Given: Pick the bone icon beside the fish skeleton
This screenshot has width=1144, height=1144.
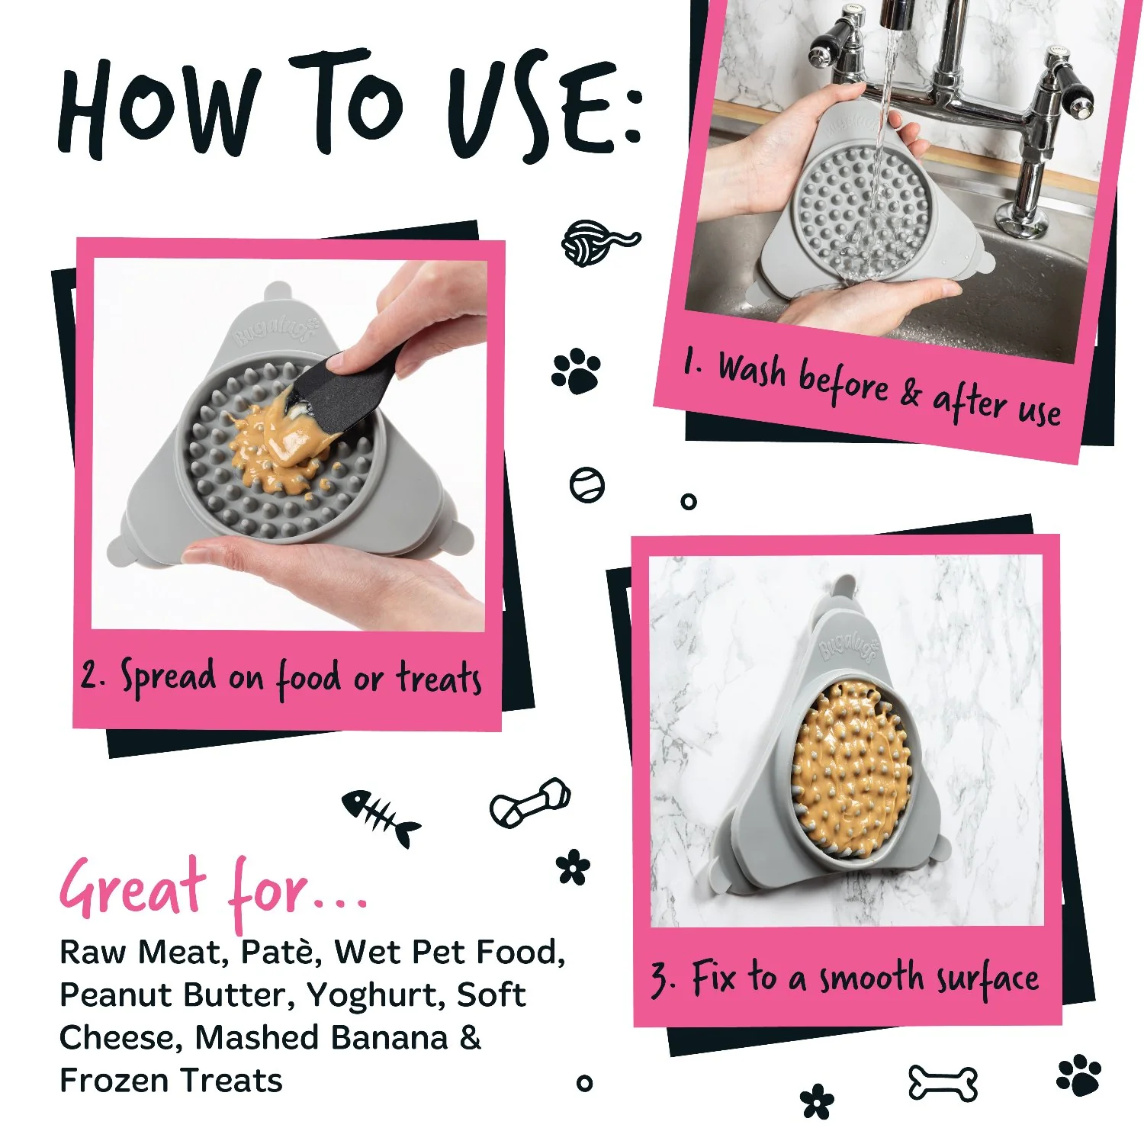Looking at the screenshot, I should point(529,803).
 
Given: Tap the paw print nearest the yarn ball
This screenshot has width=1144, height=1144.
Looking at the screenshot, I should point(576,371).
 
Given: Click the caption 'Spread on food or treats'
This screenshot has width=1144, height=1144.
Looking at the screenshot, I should point(282,677).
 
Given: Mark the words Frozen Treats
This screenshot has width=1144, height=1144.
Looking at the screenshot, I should point(171,1081).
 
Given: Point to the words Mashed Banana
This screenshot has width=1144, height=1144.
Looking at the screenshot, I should point(321,1038).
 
